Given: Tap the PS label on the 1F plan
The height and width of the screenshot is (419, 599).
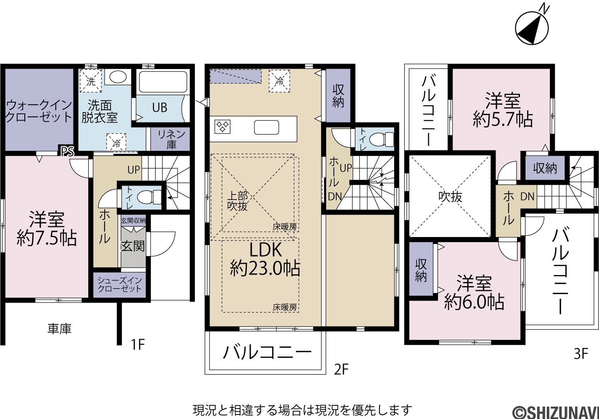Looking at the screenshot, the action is click(67, 152).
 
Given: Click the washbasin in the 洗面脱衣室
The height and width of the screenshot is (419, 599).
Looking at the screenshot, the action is click(118, 77).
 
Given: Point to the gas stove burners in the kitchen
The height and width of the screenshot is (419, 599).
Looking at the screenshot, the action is click(222, 126).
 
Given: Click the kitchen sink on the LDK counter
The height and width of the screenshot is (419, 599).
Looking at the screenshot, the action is click(266, 127).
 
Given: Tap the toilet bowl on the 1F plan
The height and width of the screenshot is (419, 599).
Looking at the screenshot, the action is click(149, 197).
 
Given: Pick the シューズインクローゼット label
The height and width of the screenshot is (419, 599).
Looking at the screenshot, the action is click(119, 285).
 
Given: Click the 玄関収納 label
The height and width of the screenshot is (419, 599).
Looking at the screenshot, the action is click(133, 221).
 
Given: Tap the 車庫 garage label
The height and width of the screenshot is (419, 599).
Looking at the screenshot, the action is click(60, 329).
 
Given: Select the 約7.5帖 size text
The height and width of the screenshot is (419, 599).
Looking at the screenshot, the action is click(47, 238).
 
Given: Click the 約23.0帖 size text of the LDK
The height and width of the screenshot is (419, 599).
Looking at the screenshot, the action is click(265, 268).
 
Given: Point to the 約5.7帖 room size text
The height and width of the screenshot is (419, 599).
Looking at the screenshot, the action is click(503, 119).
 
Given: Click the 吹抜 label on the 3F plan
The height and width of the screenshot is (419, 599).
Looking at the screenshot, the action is click(450, 197).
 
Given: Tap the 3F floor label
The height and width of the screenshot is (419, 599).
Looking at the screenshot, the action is click(581, 354).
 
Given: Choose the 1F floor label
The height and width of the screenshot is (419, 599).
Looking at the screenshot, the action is click(138, 344).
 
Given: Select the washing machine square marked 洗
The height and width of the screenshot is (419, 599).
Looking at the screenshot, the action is click(91, 81).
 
